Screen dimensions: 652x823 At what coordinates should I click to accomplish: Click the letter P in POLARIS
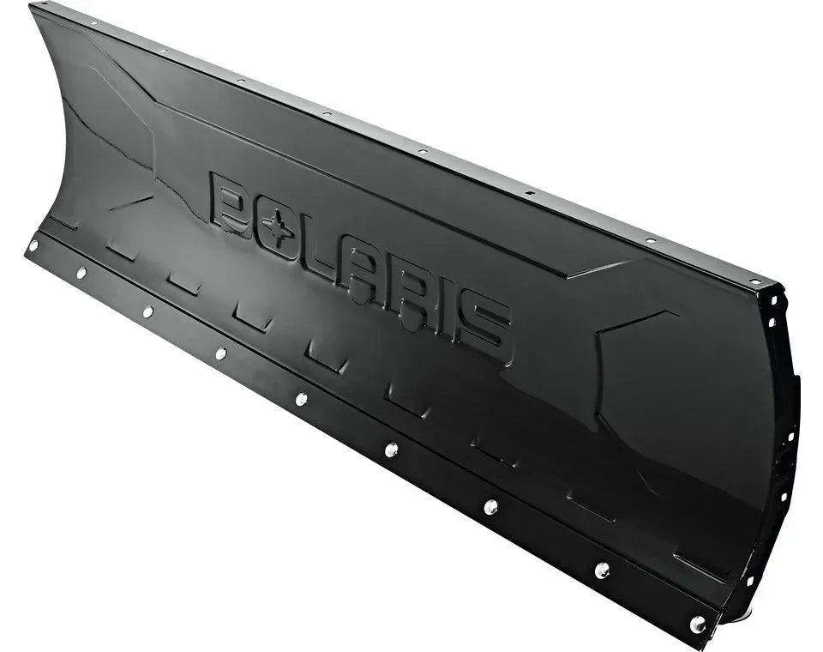click(x=231, y=203)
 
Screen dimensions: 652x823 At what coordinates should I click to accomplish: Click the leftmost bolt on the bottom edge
click(x=33, y=245)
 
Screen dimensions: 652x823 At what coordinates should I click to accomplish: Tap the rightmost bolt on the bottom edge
click(x=698, y=624)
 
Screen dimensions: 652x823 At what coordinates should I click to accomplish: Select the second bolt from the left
click(x=81, y=273)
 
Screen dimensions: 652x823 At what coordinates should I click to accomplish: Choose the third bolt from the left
click(x=147, y=311)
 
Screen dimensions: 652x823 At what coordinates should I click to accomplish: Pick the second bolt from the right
click(x=602, y=570)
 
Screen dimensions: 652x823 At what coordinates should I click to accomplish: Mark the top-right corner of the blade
click(x=776, y=287)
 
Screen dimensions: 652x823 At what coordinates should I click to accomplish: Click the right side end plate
click(x=784, y=429)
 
